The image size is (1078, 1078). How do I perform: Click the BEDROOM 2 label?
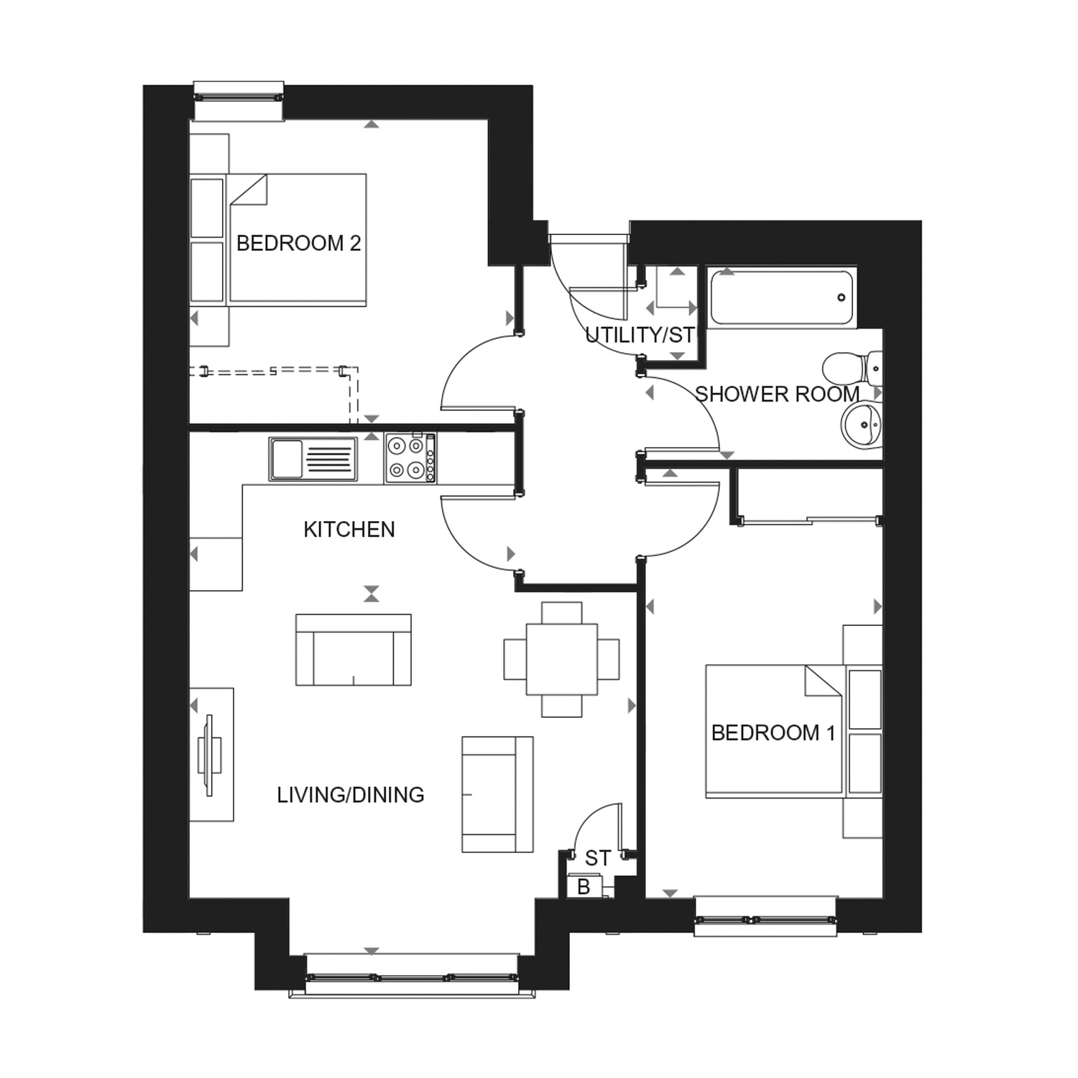pos(298,244)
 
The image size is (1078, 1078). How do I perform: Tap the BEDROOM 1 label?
pos(773,733)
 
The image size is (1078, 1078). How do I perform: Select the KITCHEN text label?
pos(349,530)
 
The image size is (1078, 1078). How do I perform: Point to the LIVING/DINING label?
pos(351,795)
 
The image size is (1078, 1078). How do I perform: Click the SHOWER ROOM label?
pos(778,395)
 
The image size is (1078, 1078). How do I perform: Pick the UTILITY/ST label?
pos(640,335)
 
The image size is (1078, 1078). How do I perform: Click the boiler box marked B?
pos(584,887)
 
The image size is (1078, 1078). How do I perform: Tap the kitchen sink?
pos(313,459)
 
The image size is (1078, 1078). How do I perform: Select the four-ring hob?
pos(410,458)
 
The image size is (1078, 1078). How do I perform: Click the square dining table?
pos(562,659)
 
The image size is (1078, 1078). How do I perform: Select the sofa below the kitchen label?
pos(354,649)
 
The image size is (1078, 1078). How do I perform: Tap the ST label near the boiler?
pos(598,858)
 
